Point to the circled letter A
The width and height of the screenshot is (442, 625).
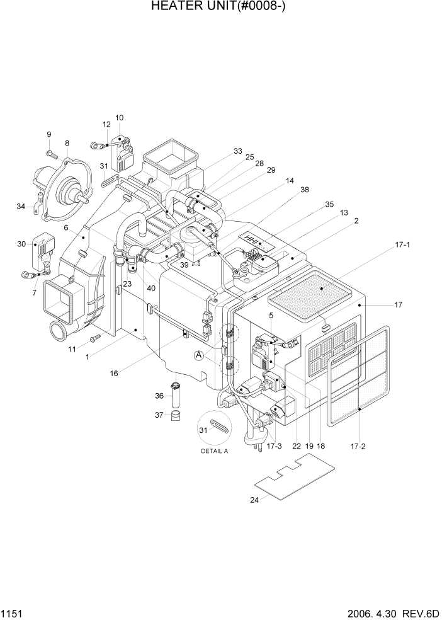pyautogui.click(x=199, y=355)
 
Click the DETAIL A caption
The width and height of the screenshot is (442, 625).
pyautogui.click(x=214, y=452)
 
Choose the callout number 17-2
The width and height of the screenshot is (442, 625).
pyautogui.click(x=358, y=446)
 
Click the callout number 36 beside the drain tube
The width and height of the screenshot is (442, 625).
pyautogui.click(x=159, y=396)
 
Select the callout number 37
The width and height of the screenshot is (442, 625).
pyautogui.click(x=159, y=415)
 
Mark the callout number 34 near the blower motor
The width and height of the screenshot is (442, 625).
pyautogui.click(x=21, y=205)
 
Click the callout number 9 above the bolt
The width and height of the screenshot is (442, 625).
pyautogui.click(x=48, y=134)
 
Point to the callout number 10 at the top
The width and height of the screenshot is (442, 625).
pyautogui.click(x=119, y=118)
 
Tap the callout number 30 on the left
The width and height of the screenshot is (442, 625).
pyautogui.click(x=21, y=244)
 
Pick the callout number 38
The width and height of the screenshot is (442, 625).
pyautogui.click(x=305, y=189)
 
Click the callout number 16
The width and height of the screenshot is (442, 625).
pyautogui.click(x=114, y=373)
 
